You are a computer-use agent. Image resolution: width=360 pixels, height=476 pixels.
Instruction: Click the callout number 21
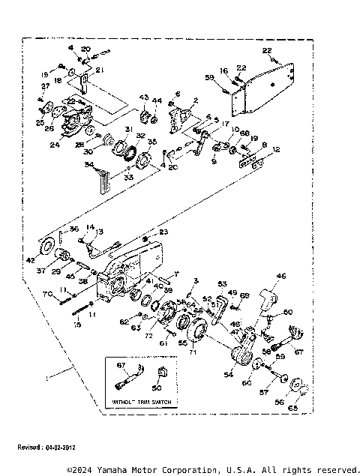point(99,70)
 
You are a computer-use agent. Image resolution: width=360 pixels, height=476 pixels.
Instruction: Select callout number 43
point(143,99)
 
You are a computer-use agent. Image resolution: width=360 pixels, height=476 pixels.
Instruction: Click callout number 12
point(278,150)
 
